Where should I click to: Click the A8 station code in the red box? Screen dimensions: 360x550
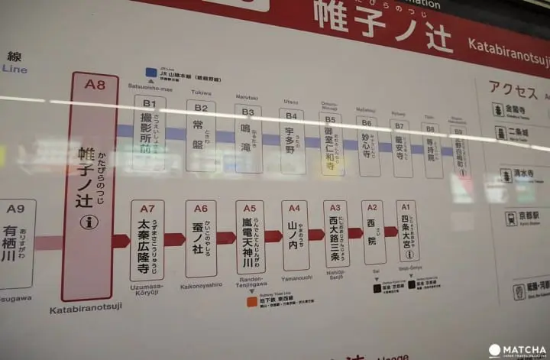[x=95, y=84]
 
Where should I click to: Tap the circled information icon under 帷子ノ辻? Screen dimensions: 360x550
[x=90, y=222]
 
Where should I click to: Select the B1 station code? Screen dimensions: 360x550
[x=149, y=103]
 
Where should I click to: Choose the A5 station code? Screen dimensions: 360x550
[x=250, y=208]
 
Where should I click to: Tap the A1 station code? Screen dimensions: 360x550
[x=406, y=206]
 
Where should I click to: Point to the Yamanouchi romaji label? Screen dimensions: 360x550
[x=294, y=279]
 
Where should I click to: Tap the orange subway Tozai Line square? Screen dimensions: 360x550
[x=251, y=301]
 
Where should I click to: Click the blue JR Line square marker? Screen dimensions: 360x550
[x=151, y=73]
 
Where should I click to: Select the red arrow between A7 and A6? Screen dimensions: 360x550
[x=174, y=239]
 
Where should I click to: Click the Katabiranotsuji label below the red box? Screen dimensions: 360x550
[x=86, y=310]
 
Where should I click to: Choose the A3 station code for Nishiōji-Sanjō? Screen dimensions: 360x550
[x=335, y=207]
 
